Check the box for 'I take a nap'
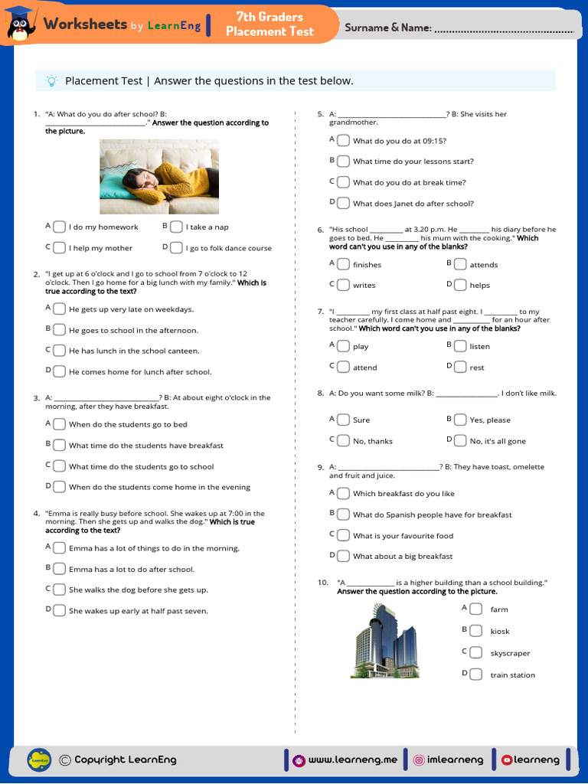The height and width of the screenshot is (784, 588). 176,227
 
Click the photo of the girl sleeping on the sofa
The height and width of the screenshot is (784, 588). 159,177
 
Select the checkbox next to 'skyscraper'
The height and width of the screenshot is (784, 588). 475,652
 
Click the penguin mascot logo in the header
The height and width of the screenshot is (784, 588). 21,24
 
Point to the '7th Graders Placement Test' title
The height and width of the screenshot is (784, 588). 269,24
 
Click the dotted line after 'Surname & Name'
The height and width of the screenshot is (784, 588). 503,30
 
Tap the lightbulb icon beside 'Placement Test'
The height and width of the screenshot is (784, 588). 51,80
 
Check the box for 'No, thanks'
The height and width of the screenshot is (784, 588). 343,440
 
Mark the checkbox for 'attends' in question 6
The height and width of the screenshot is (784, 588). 459,264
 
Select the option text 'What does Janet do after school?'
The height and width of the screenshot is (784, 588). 413,204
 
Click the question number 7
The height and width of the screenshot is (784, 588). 321,312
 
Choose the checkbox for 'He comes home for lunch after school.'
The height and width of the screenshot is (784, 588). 59,371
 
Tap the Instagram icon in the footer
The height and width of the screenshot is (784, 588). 419,759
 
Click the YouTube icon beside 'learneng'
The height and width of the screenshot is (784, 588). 506,759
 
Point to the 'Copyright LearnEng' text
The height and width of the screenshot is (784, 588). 125,759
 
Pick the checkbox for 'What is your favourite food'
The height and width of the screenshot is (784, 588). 343,535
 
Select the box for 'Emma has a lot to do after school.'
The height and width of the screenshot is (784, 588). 59,569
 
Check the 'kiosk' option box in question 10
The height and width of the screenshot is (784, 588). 475,630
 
